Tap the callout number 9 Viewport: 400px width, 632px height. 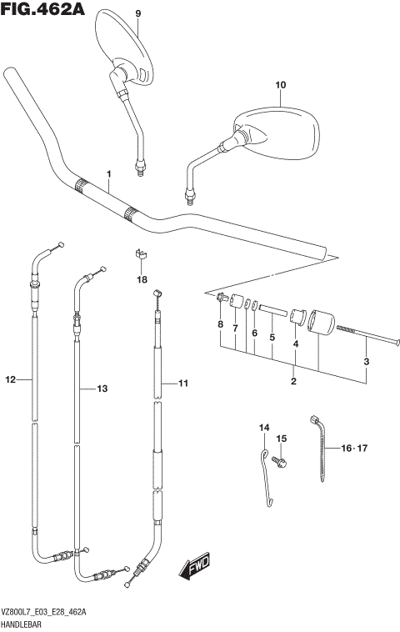click(x=138, y=13)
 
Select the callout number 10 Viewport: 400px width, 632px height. click(x=280, y=84)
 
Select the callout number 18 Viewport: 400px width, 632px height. click(x=142, y=279)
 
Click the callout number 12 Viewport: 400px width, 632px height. click(x=10, y=380)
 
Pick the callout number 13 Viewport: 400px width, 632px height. click(x=102, y=389)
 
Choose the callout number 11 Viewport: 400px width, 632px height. click(x=183, y=384)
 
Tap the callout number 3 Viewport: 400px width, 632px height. click(x=365, y=361)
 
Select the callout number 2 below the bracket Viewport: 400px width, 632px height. click(x=293, y=381)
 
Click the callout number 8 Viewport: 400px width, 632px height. click(x=220, y=324)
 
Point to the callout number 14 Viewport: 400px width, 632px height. click(x=264, y=428)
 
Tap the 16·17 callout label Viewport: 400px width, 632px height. click(x=354, y=448)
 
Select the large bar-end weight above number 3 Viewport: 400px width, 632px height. click(x=321, y=324)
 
